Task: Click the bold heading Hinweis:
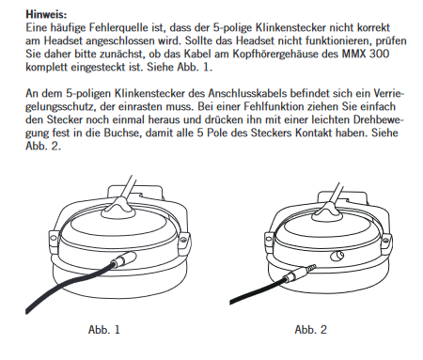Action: (46, 14)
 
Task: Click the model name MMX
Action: (353, 54)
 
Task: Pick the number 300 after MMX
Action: (379, 54)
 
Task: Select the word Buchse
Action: (120, 133)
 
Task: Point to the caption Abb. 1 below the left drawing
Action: (104, 329)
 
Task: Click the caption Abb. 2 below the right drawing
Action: (311, 329)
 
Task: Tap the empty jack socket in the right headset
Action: (337, 257)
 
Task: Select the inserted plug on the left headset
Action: (124, 259)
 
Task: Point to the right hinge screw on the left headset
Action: (183, 240)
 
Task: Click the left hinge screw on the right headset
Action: (268, 239)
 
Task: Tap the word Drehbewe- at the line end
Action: (379, 119)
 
